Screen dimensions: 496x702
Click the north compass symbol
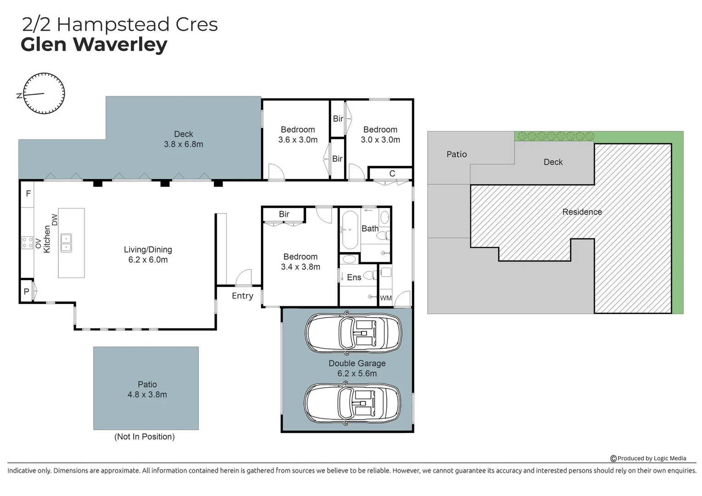pyautogui.click(x=44, y=93)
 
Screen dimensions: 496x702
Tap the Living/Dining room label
pyautogui.click(x=148, y=254)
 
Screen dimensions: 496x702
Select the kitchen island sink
pyautogui.click(x=66, y=243)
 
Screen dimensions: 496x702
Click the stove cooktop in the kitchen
pyautogui.click(x=27, y=242)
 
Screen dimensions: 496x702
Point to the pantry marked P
pyautogui.click(x=27, y=292)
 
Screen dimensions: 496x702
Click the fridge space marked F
pyautogui.click(x=28, y=194)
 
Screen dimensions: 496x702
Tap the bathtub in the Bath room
pyautogui.click(x=350, y=229)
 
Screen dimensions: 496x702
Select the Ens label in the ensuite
pyautogui.click(x=354, y=277)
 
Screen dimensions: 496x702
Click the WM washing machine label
pyautogui.click(x=386, y=298)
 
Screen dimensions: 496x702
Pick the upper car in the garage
pyautogui.click(x=353, y=333)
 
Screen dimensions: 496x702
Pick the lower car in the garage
pyautogui.click(x=352, y=403)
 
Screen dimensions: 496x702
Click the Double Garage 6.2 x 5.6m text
pyautogui.click(x=357, y=368)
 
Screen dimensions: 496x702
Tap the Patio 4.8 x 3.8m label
pyautogui.click(x=147, y=389)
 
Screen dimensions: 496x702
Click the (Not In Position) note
pyautogui.click(x=144, y=437)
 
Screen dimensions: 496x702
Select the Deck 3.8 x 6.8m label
pyautogui.click(x=183, y=139)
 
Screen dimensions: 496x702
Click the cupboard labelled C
pyautogui.click(x=392, y=174)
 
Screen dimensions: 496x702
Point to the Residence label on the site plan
pyautogui.click(x=582, y=212)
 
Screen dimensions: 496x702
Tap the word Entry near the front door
pyautogui.click(x=242, y=296)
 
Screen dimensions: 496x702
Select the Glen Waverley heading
pyautogui.click(x=94, y=45)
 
